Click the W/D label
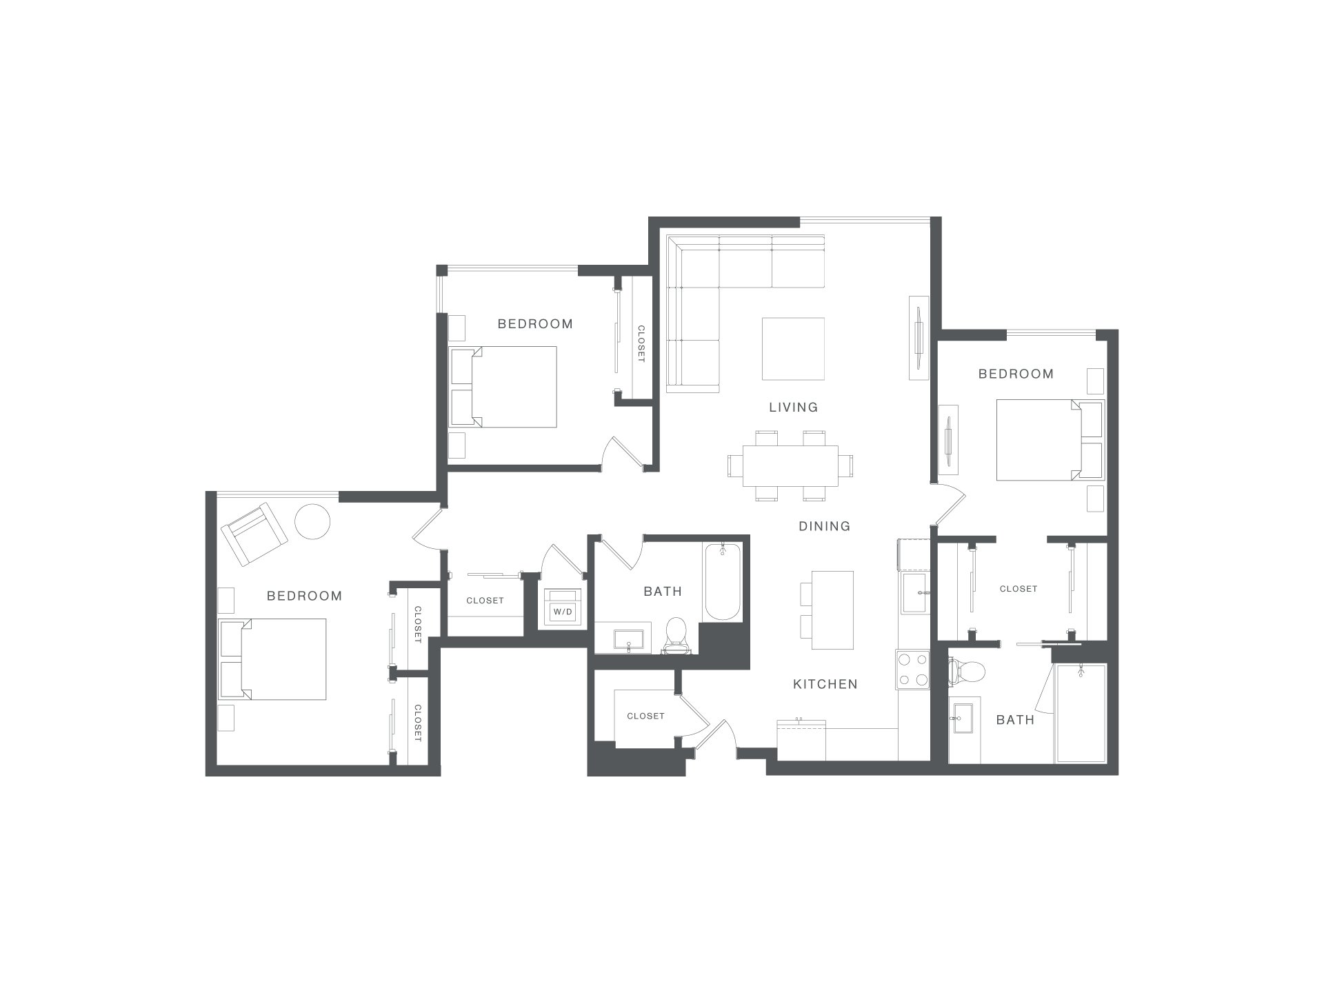(563, 612)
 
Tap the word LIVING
(794, 408)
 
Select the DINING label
(825, 526)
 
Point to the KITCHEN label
(825, 684)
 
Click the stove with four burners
(913, 670)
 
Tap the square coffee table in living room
(793, 348)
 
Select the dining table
(790, 465)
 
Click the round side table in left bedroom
(313, 521)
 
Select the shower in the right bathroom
(1081, 713)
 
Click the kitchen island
(832, 610)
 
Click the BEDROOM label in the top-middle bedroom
(535, 323)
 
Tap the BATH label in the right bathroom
(1015, 720)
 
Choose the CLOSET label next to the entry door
(645, 716)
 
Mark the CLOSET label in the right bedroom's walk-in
(1019, 589)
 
